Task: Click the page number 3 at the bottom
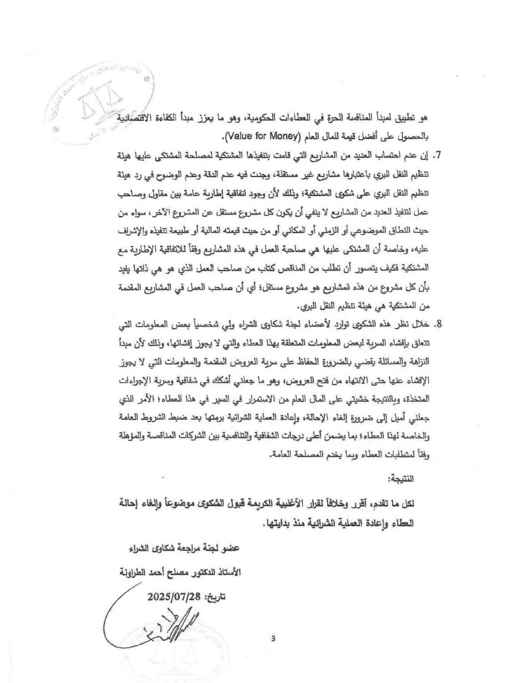(273, 638)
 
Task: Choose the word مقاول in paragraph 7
(157, 198)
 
